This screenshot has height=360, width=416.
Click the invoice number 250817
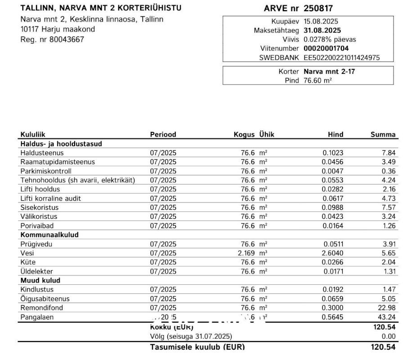point(318,9)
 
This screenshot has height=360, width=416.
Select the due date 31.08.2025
point(322,31)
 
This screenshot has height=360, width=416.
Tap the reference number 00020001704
point(326,49)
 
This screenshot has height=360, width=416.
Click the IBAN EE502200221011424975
point(342,58)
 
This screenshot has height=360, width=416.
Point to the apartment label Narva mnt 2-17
point(329,72)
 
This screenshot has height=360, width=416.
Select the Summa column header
point(383,135)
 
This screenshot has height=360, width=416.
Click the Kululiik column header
point(33,135)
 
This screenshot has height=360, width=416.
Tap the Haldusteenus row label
point(42,153)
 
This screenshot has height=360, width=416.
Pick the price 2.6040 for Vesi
point(332,253)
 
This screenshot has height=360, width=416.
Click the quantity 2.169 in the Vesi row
point(246,253)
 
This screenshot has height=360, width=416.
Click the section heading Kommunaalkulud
point(49,235)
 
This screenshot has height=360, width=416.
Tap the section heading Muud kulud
point(40,280)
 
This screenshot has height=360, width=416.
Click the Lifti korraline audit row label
point(50,198)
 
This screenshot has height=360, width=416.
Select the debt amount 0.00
point(389,337)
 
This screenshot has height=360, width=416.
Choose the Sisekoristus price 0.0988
point(332,207)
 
